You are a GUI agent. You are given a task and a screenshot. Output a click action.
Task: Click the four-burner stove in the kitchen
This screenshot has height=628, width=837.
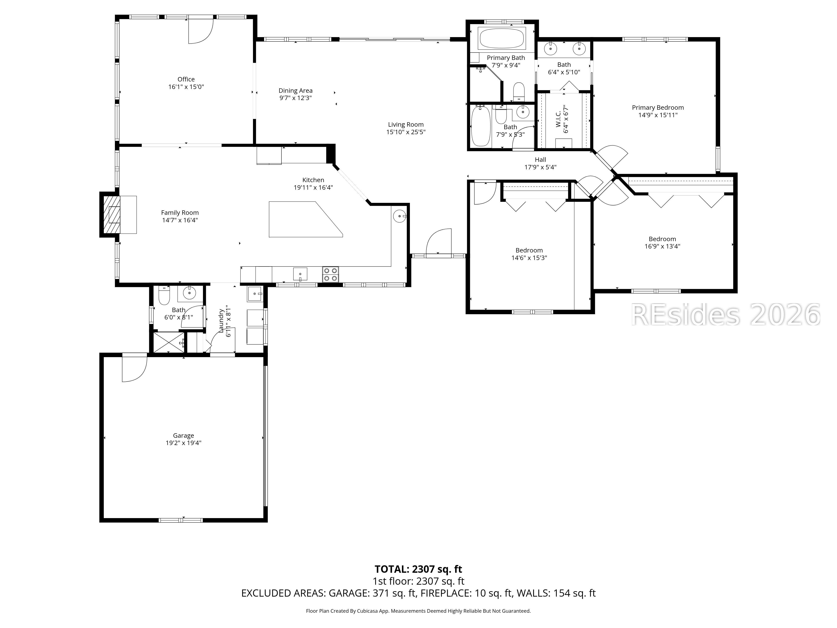click(330, 274)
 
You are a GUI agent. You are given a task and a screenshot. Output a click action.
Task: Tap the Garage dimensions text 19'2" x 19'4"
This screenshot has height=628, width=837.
click(184, 443)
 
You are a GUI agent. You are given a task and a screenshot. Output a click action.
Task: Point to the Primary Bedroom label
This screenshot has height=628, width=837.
click(658, 108)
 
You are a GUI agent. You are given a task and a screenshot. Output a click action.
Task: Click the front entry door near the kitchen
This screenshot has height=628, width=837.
click(439, 242)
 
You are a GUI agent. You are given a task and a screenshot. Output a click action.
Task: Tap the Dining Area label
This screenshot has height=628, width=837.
click(295, 90)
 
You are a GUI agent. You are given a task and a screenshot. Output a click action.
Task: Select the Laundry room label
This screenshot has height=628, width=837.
click(221, 321)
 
